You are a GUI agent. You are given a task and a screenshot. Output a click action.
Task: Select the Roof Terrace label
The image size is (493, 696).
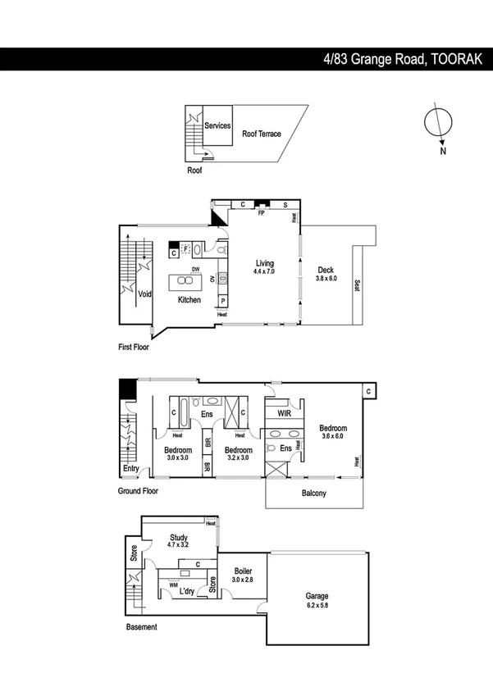pyautogui.click(x=261, y=134)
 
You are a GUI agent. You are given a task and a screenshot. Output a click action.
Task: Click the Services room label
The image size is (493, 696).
pyautogui.click(x=217, y=126)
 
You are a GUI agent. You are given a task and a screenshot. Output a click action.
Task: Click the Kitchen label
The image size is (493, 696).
pyautogui.click(x=189, y=300)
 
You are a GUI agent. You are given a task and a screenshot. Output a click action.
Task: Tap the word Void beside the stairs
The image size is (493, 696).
pyautogui.click(x=144, y=294)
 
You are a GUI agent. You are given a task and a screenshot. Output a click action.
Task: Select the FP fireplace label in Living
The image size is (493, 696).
pyautogui.click(x=261, y=213)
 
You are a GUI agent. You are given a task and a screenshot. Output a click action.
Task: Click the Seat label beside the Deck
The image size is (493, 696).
pyautogui.click(x=357, y=286)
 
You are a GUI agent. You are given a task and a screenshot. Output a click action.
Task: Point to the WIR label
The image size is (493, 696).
pyautogui.click(x=284, y=414)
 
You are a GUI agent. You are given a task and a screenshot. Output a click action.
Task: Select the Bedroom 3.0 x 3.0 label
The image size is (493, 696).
pyautogui.click(x=177, y=455)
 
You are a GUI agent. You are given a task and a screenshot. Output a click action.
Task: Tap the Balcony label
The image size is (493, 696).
pyautogui.click(x=313, y=493)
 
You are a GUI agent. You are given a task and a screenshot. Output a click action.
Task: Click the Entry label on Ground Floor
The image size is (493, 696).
pyautogui.click(x=130, y=469)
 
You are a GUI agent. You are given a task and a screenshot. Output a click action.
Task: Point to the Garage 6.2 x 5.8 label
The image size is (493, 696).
pyautogui.click(x=317, y=601)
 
